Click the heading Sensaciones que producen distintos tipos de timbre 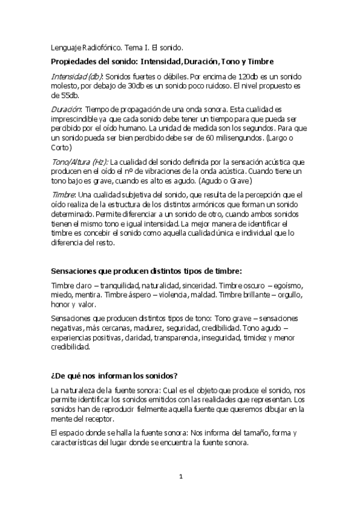[156, 271]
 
